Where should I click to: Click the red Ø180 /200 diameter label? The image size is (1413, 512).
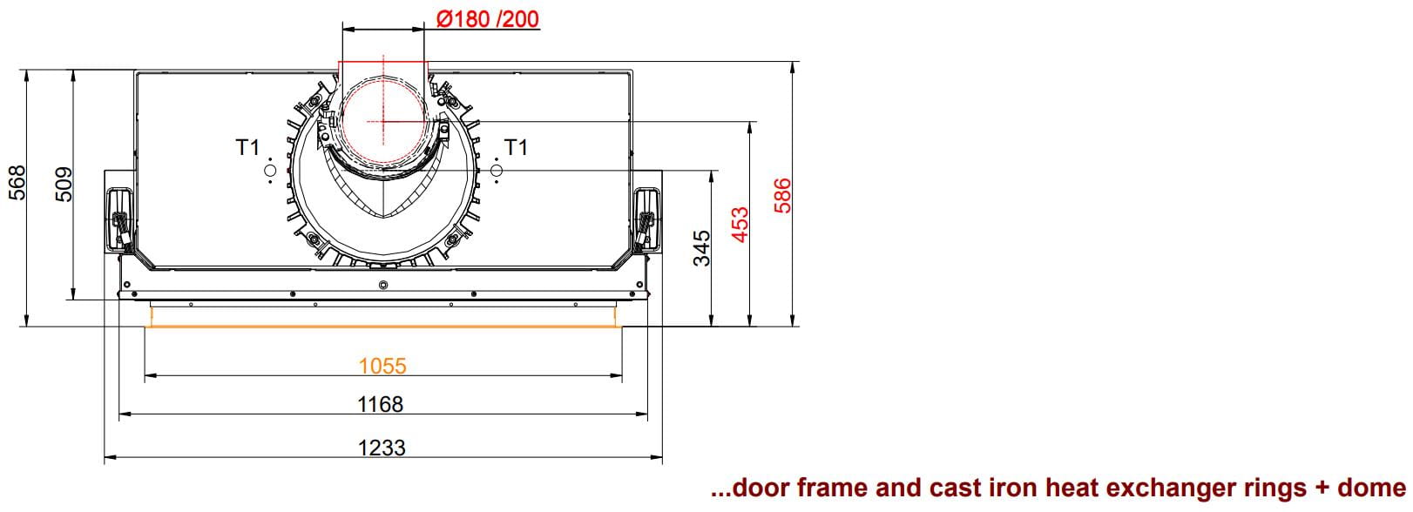(488, 19)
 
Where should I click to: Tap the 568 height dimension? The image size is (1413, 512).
(17, 183)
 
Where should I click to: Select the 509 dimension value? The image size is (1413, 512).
(64, 185)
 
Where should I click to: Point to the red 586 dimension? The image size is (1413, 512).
(782, 195)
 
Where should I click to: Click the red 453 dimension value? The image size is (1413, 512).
(740, 225)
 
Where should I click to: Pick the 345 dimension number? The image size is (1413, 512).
(701, 248)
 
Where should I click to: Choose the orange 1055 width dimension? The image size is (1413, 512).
(382, 366)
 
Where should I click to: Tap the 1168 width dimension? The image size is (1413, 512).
(381, 404)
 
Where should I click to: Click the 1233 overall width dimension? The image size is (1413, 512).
(382, 448)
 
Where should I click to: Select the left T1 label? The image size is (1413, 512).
(248, 147)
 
